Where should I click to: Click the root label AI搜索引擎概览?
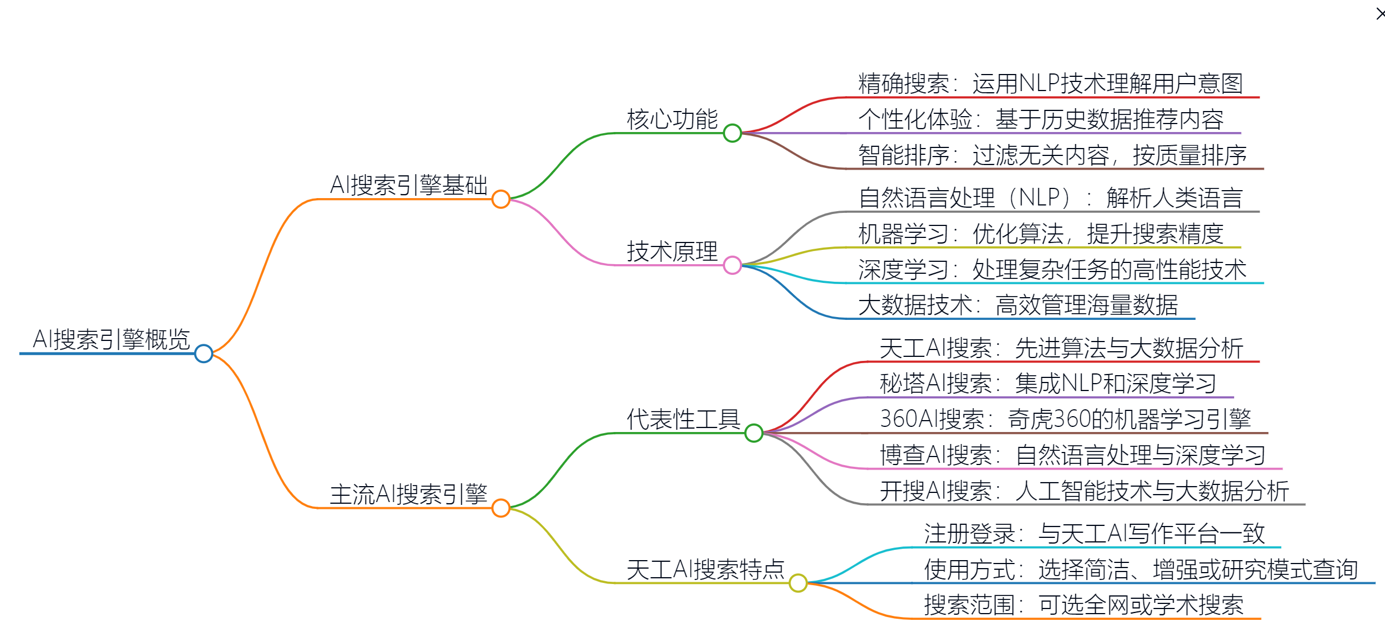[111, 340]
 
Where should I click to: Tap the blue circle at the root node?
[203, 353]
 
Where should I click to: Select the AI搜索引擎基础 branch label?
[408, 186]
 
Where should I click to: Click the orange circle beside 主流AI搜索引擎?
[501, 508]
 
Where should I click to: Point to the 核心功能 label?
[672, 120]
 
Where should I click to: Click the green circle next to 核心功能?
[732, 133]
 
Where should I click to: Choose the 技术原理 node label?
[672, 252]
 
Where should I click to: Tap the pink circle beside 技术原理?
[732, 265]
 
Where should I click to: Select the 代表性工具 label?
[683, 420]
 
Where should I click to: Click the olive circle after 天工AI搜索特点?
[798, 583]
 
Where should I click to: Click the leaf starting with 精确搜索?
[1050, 84]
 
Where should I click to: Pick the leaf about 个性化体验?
[1040, 120]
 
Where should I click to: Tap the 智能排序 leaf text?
[1052, 155]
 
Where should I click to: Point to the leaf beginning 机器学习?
[1040, 234]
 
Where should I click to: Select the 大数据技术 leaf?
[1018, 305]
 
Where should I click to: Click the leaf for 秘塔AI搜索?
[1048, 384]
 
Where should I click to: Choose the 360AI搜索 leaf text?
[1065, 420]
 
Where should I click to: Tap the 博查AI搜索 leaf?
[1072, 455]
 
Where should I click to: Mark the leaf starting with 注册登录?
[1094, 534]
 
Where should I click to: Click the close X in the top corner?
[1380, 13]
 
